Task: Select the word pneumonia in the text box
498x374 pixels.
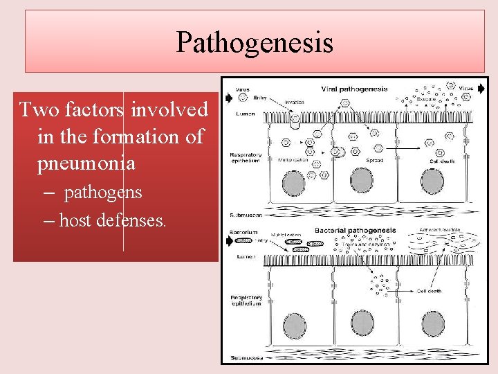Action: coord(86,163)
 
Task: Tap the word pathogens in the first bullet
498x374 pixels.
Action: coord(103,192)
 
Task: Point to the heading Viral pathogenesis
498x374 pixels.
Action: coord(354,89)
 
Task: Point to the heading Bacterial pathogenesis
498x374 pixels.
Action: coord(355,230)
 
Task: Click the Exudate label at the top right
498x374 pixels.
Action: coord(426,99)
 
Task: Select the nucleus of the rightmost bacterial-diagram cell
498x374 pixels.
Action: coord(434,323)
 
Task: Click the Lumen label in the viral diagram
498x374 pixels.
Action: coord(244,113)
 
